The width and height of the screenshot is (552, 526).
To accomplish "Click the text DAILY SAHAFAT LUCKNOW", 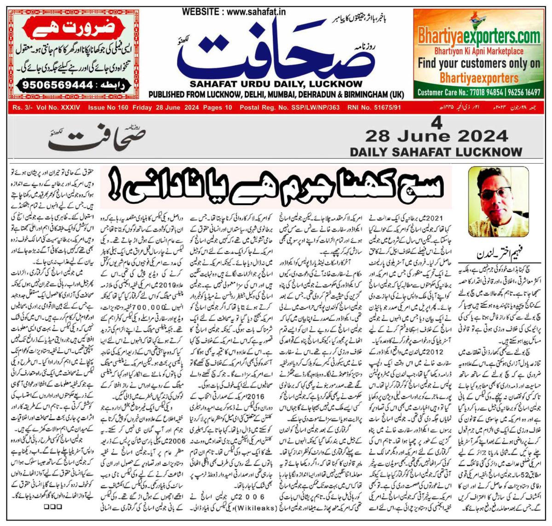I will tap(436, 152).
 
